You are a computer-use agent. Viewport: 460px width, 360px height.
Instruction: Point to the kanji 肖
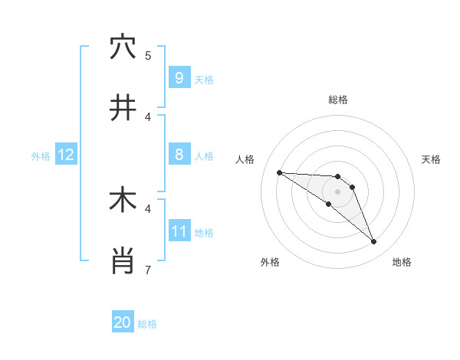pyautogui.click(x=123, y=260)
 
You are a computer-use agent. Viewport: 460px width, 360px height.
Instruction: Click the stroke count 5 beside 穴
pyautogui.click(x=148, y=55)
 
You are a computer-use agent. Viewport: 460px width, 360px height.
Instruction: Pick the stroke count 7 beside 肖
pyautogui.click(x=148, y=270)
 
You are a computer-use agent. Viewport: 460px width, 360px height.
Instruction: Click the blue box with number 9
pyautogui.click(x=179, y=77)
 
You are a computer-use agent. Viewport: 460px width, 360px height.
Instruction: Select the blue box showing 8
pyautogui.click(x=179, y=155)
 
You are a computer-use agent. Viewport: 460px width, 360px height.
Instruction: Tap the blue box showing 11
pyautogui.click(x=179, y=231)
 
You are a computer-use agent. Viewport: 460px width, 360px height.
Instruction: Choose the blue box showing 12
pyautogui.click(x=66, y=155)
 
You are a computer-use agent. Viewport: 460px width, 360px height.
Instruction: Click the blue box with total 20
pyautogui.click(x=123, y=322)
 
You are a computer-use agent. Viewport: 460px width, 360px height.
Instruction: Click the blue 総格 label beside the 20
pyautogui.click(x=148, y=324)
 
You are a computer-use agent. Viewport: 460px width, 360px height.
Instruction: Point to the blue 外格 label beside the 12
pyautogui.click(x=41, y=156)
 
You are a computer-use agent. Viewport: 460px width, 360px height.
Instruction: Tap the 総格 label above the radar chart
pyautogui.click(x=337, y=100)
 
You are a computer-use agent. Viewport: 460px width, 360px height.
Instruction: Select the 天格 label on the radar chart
pyautogui.click(x=432, y=159)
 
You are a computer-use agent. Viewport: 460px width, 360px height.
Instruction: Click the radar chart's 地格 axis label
pyautogui.click(x=402, y=262)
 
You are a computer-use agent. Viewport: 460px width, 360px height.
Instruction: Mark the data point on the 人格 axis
pyautogui.click(x=279, y=172)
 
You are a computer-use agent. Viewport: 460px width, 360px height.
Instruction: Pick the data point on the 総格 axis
pyautogui.click(x=337, y=176)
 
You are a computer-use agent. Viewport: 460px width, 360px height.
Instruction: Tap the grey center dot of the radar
pyautogui.click(x=337, y=191)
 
